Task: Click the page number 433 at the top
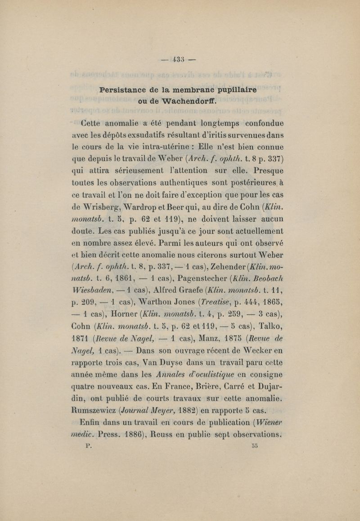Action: (180, 59)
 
